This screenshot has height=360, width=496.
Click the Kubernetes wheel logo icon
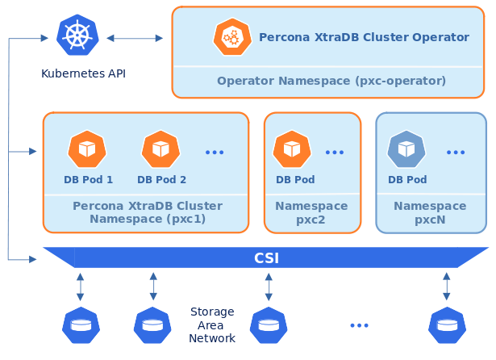click(77, 35)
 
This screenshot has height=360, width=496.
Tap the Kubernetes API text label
click(83, 74)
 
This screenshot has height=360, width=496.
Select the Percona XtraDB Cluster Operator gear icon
click(231, 36)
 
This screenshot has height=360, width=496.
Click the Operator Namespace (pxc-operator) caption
click(331, 81)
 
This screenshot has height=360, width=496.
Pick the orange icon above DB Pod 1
click(87, 149)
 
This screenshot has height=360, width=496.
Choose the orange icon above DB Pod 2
click(160, 149)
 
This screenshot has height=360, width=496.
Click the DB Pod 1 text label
click(88, 180)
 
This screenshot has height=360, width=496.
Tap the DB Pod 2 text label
click(161, 180)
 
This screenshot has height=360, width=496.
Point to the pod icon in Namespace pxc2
click(293, 149)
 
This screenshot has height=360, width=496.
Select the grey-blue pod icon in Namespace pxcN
click(406, 149)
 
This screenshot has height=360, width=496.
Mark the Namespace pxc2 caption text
click(311, 212)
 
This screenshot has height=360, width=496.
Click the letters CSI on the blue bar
click(267, 258)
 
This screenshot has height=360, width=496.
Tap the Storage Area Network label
click(212, 324)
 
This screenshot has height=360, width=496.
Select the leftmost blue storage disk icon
click(81, 325)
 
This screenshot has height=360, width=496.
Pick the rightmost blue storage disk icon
click(447, 325)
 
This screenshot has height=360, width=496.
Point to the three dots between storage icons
click(360, 325)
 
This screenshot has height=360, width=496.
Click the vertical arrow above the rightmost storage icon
click(447, 287)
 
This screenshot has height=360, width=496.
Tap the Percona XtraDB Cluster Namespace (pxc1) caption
click(148, 212)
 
